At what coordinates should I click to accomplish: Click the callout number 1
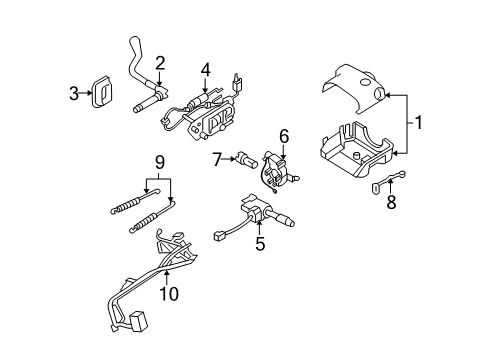tap(419, 124)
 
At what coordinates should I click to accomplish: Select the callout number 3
tap(73, 93)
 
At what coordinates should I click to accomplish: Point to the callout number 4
tap(205, 69)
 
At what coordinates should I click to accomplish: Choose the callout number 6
tap(284, 134)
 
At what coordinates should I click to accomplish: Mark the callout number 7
tap(216, 157)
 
